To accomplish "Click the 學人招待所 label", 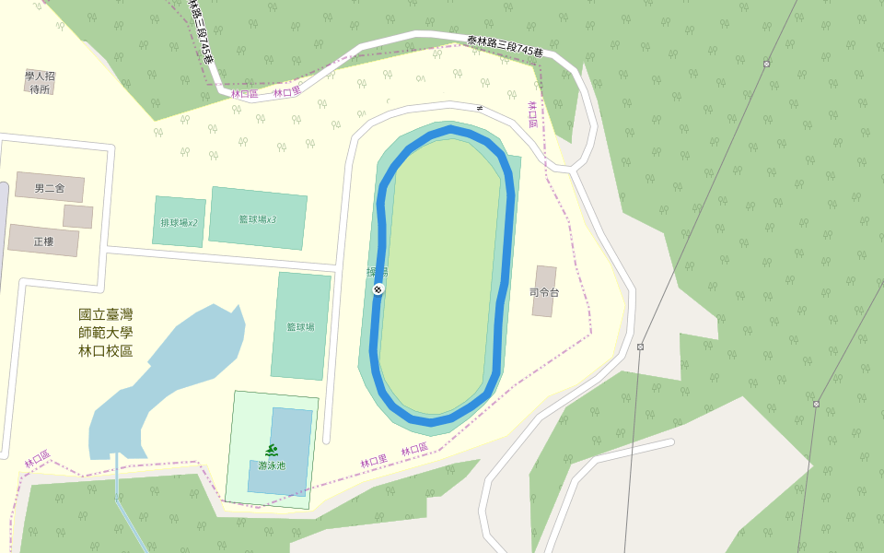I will click(x=40, y=83).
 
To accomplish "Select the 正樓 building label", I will click(x=43, y=241).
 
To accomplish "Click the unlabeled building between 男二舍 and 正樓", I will click(x=77, y=217).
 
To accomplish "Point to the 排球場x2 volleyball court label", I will click(x=179, y=223).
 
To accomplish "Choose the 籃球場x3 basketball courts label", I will click(x=257, y=219).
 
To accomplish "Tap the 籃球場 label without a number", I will click(x=300, y=326).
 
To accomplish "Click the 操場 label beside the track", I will click(x=377, y=273).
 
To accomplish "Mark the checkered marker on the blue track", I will click(x=378, y=289).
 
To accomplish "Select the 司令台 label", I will click(x=544, y=292).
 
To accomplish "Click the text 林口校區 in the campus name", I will click(x=105, y=351).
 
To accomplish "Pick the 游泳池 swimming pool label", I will click(x=272, y=465).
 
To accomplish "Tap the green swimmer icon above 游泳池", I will click(x=272, y=451).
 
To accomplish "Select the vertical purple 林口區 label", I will click(x=532, y=115).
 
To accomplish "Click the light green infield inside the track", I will click(x=440, y=276).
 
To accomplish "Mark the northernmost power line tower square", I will click(x=766, y=64).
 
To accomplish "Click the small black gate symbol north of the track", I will click(x=479, y=108).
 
